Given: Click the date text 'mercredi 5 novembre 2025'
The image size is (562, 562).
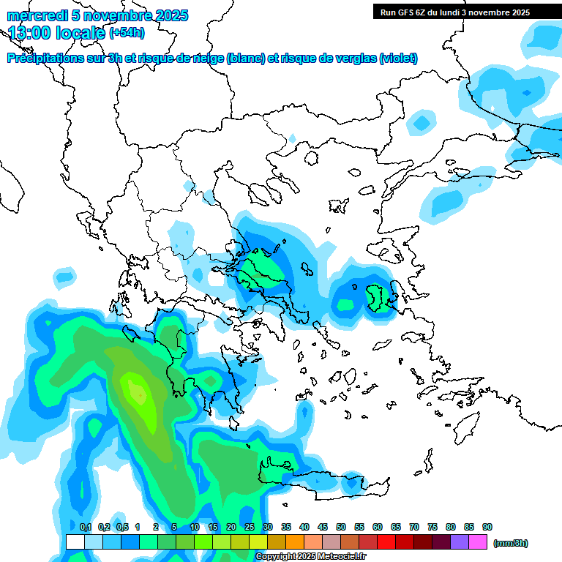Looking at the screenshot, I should tap(98, 15).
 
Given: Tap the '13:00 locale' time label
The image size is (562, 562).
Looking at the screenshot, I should tap(57, 32).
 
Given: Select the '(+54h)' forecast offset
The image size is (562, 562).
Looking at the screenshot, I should tap(127, 33).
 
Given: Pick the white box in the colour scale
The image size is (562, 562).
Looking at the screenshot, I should tap(75, 542).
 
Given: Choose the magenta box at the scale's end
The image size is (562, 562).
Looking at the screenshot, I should tap(478, 542).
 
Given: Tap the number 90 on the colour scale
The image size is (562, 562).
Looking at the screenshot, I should tap(487, 528).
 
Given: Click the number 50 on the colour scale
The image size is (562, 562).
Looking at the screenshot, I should tap(341, 528).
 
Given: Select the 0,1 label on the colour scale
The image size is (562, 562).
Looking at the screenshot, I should tap(85, 528).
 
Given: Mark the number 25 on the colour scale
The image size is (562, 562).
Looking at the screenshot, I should tap(250, 528).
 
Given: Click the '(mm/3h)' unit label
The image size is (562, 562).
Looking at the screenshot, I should tap(511, 543).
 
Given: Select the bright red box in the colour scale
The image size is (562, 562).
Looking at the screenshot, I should tap(386, 542).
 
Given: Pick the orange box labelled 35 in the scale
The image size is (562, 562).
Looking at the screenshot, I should tap(295, 542).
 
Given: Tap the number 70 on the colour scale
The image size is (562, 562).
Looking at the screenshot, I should tap(414, 528).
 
